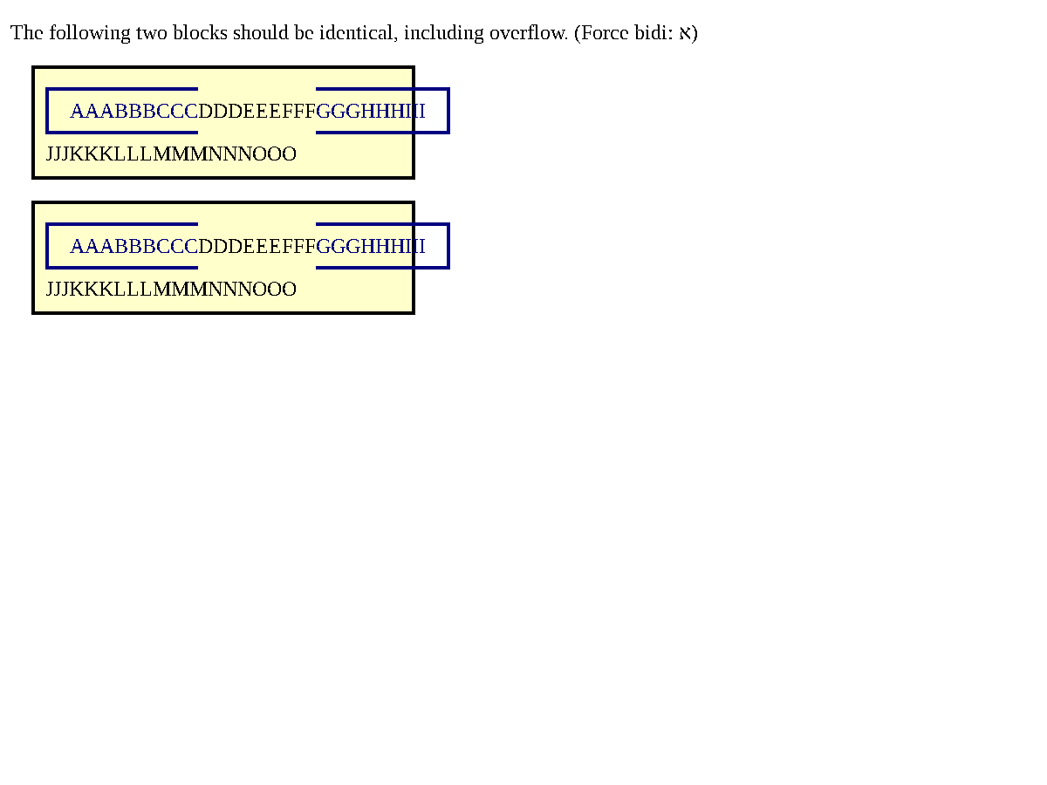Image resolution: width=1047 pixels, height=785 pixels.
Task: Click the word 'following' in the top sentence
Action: point(89,33)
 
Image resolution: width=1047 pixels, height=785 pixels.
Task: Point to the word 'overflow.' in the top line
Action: point(529,32)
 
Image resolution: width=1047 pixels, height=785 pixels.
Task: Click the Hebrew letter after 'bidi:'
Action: point(685,33)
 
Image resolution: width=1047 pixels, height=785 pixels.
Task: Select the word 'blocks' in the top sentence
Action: point(200,32)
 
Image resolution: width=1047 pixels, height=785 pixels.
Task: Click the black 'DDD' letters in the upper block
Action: point(220,111)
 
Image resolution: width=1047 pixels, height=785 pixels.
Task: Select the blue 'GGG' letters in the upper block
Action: point(338,111)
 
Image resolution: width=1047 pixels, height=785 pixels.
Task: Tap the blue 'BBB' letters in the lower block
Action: point(135,247)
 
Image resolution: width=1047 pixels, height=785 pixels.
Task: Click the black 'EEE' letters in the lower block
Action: point(262,247)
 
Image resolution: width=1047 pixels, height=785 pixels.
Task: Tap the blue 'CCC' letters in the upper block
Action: point(177,111)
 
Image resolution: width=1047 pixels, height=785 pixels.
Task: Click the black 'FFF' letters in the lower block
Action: point(298,247)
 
